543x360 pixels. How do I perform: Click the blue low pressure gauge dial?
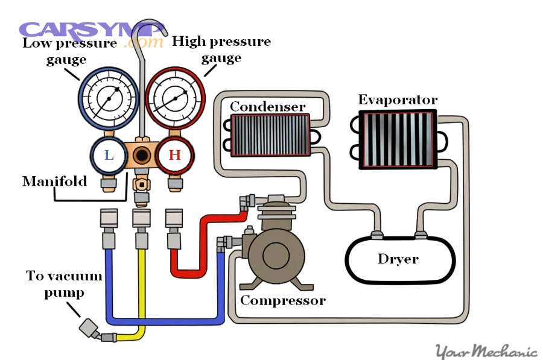109,98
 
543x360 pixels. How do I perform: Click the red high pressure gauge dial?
175,98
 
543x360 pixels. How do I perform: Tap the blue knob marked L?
109,155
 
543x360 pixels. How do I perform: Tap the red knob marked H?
174,155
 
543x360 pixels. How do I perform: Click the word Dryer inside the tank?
398,259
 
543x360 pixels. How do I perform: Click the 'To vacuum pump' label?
63,284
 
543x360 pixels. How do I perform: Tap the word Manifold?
54,181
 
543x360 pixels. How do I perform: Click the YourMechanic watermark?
486,351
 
